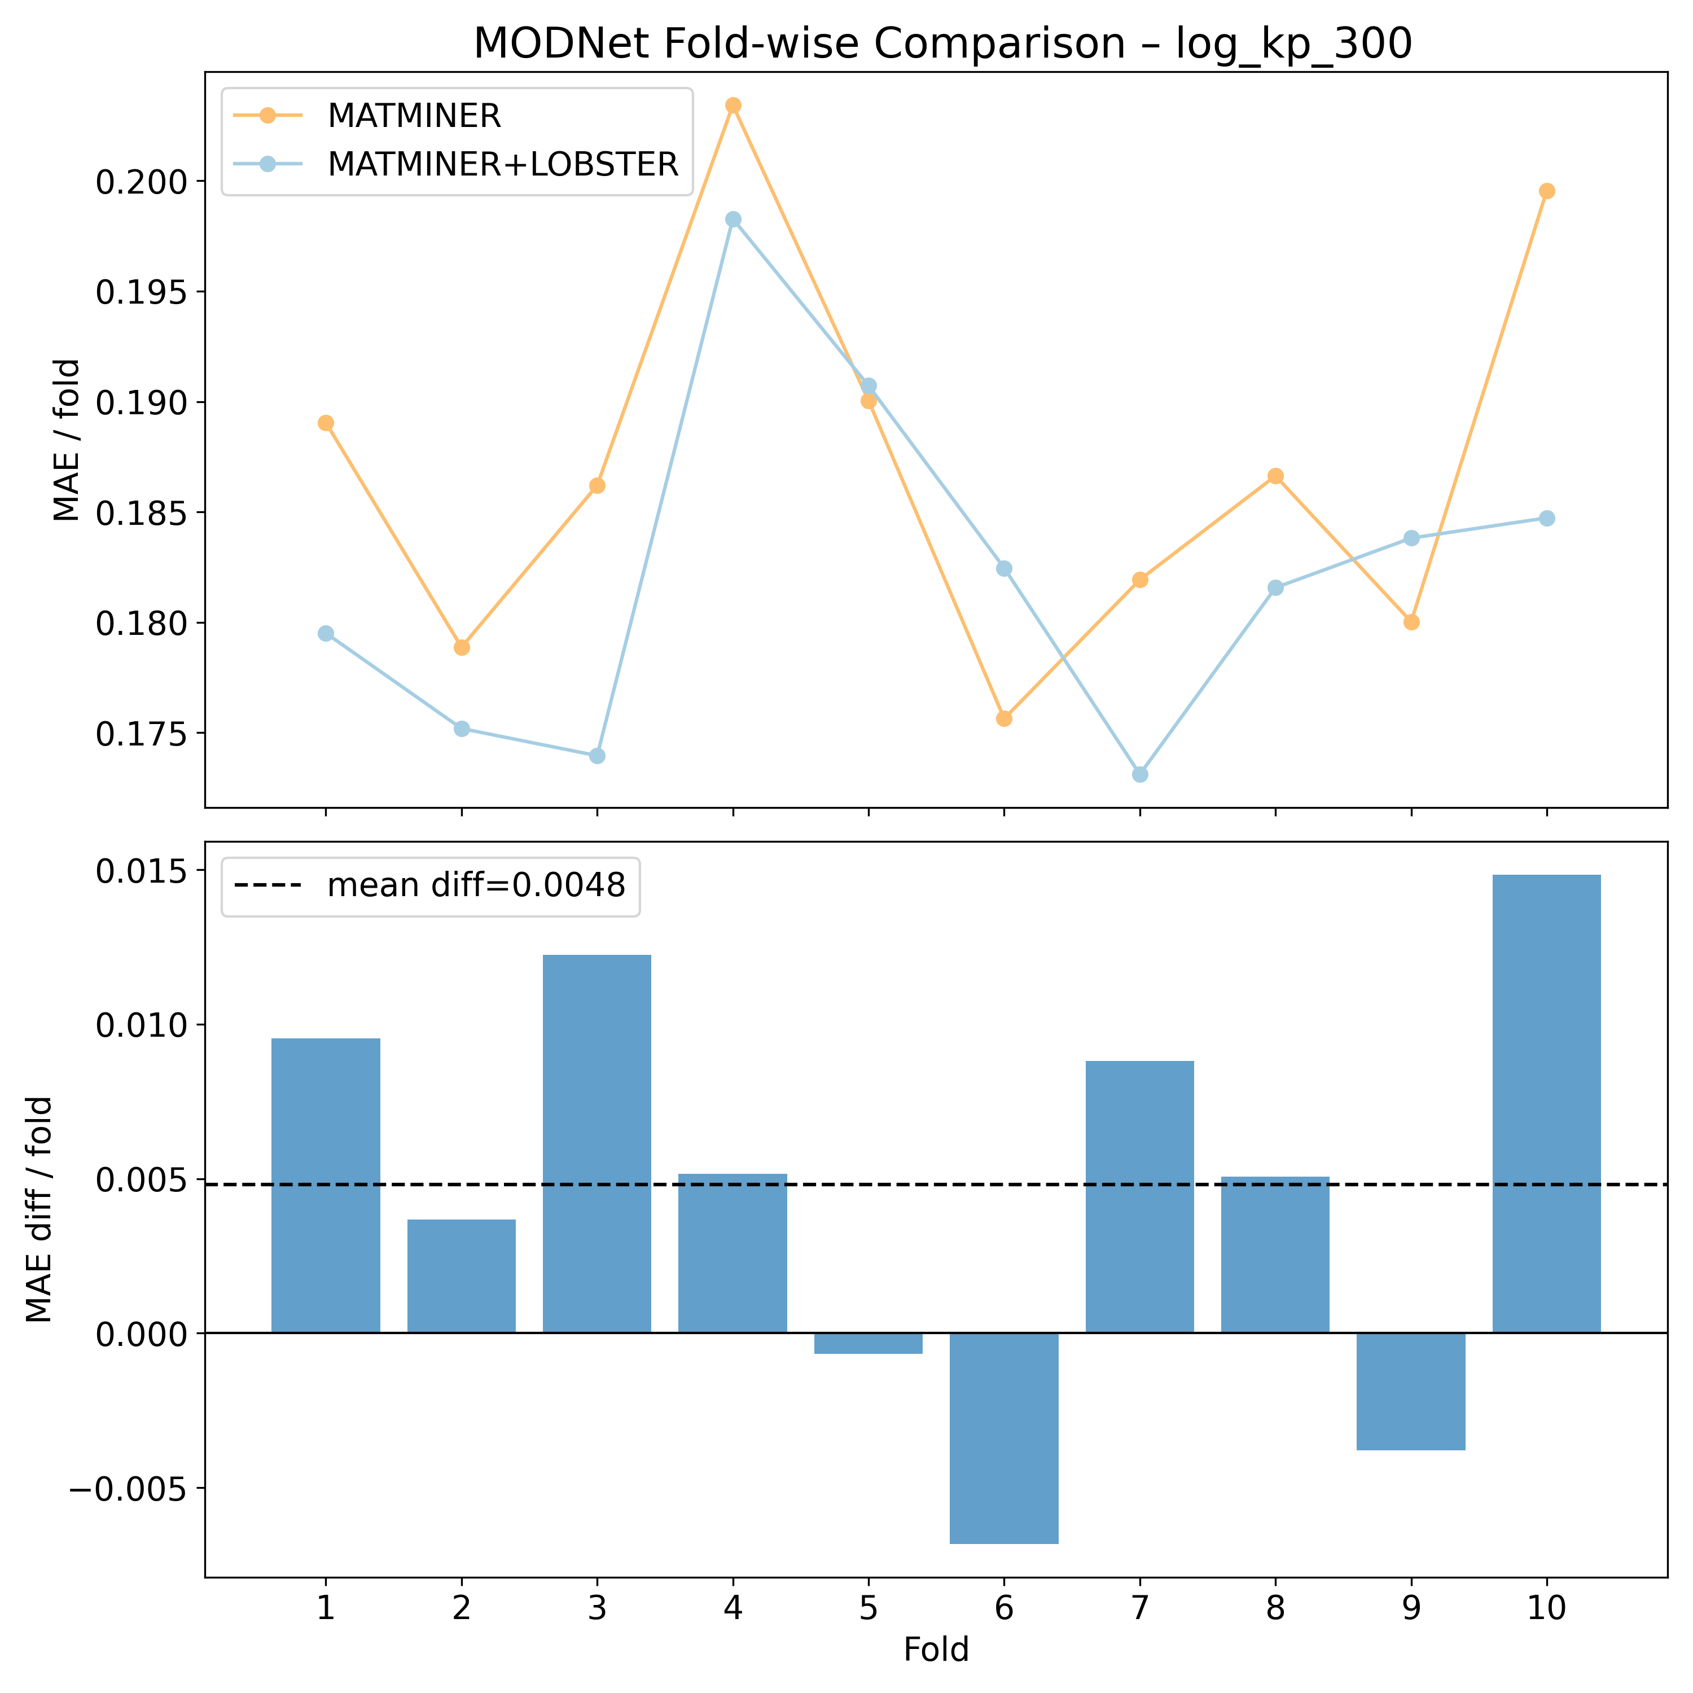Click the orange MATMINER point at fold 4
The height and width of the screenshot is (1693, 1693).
tap(734, 105)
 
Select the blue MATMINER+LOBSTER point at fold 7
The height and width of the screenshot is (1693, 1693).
tap(1140, 775)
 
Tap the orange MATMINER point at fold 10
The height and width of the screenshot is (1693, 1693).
tap(1547, 191)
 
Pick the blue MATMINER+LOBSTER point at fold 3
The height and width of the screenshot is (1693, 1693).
tap(597, 756)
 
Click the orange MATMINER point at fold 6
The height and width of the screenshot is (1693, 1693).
tap(1005, 718)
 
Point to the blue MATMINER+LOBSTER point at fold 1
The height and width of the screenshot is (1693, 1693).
tap(326, 634)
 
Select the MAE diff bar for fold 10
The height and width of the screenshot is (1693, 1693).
tap(1547, 1104)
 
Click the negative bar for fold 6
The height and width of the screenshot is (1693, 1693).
tap(1005, 1437)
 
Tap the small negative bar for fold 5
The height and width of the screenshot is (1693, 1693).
tap(869, 1343)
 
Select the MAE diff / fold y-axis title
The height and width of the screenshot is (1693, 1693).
tap(40, 1209)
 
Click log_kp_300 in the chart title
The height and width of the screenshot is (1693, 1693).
tap(1293, 44)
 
